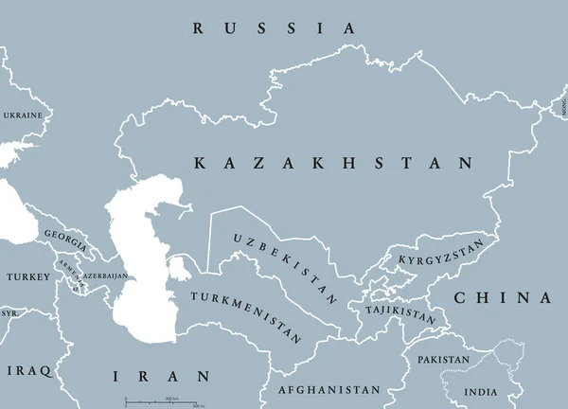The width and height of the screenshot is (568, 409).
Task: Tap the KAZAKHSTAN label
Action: (x=333, y=164)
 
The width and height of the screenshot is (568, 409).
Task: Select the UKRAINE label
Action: (x=23, y=116)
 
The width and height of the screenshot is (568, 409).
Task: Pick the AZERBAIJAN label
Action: (x=104, y=275)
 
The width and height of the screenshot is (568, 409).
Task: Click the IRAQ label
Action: (x=27, y=369)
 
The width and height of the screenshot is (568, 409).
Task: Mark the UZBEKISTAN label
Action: (x=284, y=268)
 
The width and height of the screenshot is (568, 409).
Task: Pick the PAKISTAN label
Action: (x=442, y=360)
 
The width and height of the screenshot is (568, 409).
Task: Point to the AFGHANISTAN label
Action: (x=329, y=390)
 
